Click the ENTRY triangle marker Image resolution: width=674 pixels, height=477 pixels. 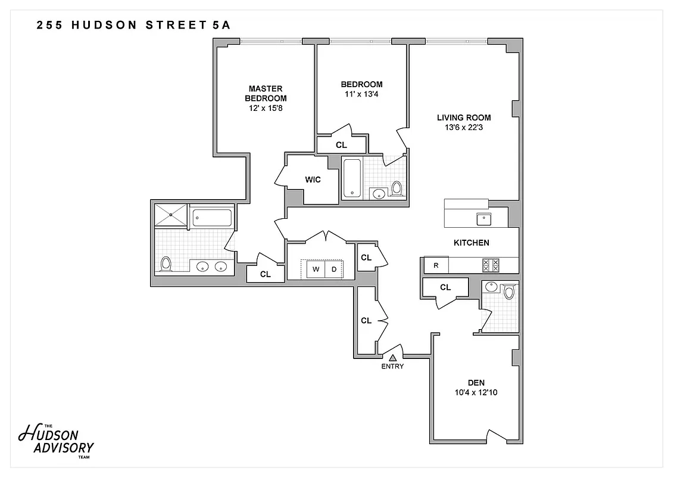(x=393, y=358)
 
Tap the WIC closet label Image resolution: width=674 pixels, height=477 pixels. (x=313, y=179)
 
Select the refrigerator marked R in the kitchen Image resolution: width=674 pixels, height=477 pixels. (x=436, y=265)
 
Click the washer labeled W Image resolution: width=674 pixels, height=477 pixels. (x=316, y=269)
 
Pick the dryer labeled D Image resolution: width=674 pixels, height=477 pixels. (x=334, y=269)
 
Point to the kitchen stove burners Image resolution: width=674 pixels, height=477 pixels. (x=491, y=265)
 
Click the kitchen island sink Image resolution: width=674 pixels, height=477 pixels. (x=483, y=218)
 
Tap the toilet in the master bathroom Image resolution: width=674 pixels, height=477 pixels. (x=166, y=263)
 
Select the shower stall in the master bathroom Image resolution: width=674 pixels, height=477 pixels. (x=171, y=215)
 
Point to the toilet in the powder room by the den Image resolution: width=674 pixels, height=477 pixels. (x=508, y=292)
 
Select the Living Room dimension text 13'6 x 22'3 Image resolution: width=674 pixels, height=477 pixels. (x=463, y=127)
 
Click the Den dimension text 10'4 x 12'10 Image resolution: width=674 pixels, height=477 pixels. (x=476, y=392)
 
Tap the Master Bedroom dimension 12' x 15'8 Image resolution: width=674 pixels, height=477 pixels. (x=266, y=109)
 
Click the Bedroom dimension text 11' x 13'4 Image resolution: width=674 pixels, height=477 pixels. (x=361, y=94)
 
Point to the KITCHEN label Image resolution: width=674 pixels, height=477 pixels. (x=472, y=243)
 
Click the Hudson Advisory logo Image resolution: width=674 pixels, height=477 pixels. (x=57, y=439)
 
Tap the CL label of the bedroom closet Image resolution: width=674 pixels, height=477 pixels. (x=341, y=145)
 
